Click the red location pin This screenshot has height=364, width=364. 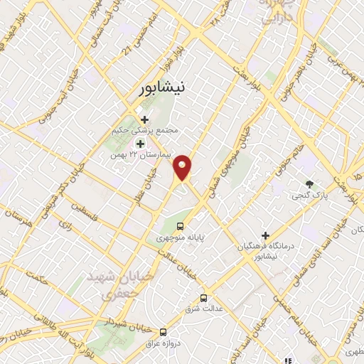[183, 167]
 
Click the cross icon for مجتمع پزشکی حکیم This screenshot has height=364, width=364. [145, 119]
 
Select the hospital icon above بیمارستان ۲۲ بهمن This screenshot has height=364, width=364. [139, 142]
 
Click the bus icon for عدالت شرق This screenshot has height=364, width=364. [204, 298]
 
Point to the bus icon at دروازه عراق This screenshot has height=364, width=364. [164, 331]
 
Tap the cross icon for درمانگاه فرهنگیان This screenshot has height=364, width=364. [265, 235]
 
